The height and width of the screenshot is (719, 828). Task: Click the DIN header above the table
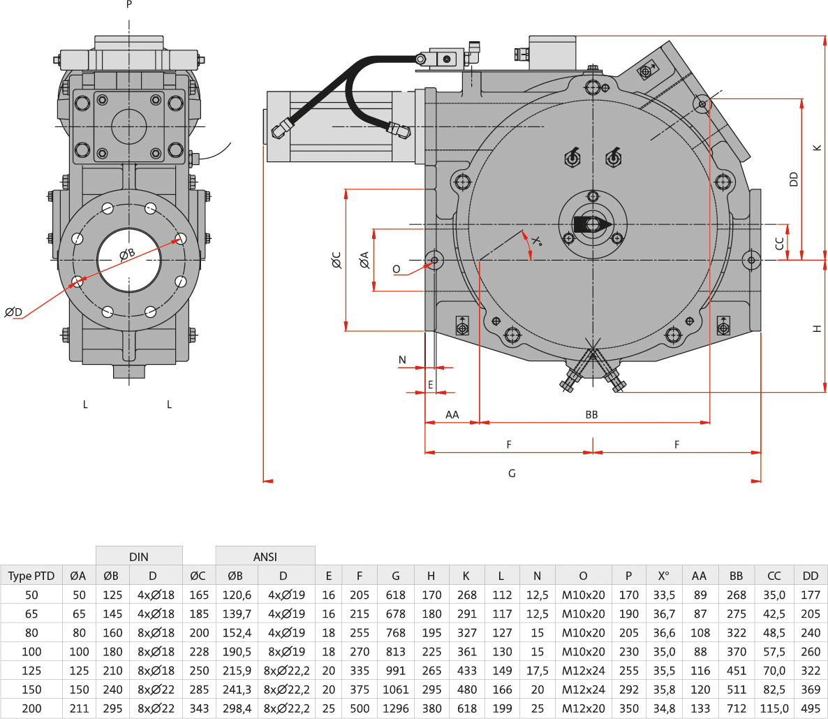139,556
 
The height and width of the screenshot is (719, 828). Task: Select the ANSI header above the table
265,556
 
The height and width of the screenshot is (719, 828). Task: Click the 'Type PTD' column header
31,576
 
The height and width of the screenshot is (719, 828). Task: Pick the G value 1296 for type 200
395,708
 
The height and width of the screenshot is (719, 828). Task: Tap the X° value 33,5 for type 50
663,595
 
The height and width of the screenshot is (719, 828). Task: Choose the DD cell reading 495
810,708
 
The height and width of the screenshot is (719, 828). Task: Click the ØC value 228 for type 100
199,651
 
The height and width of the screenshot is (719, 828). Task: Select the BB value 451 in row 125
737,670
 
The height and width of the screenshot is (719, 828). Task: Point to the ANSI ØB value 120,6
236,595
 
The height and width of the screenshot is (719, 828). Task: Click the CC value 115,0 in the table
774,708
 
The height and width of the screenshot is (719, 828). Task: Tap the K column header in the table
466,576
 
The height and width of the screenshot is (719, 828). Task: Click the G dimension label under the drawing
512,473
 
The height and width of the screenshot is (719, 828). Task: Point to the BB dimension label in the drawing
591,414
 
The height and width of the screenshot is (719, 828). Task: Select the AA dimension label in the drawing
452,414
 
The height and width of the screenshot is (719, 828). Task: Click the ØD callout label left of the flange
13,312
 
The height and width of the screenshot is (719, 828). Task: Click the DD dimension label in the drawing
794,179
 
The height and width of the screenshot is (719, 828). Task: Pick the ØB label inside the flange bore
127,254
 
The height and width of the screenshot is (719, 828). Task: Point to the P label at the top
129,4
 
